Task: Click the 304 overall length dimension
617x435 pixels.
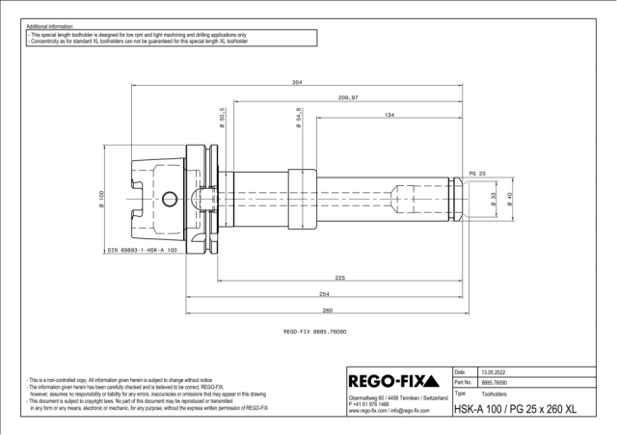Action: tap(297, 82)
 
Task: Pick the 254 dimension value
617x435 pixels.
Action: tap(325, 294)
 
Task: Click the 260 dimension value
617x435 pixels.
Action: tap(328, 310)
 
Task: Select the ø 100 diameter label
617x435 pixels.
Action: tap(101, 200)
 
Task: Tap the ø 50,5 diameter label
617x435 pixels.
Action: tap(222, 117)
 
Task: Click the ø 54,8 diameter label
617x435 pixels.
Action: tap(300, 117)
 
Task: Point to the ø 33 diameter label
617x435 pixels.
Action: tap(495, 199)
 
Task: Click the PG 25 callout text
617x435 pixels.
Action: tap(476, 173)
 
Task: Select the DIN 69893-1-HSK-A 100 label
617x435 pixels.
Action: tap(142, 250)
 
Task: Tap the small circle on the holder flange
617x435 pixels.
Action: tap(170, 200)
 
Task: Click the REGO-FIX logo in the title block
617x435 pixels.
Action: tap(397, 379)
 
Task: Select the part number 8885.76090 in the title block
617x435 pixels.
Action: tap(496, 383)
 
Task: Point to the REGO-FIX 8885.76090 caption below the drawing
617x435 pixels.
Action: tap(315, 330)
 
